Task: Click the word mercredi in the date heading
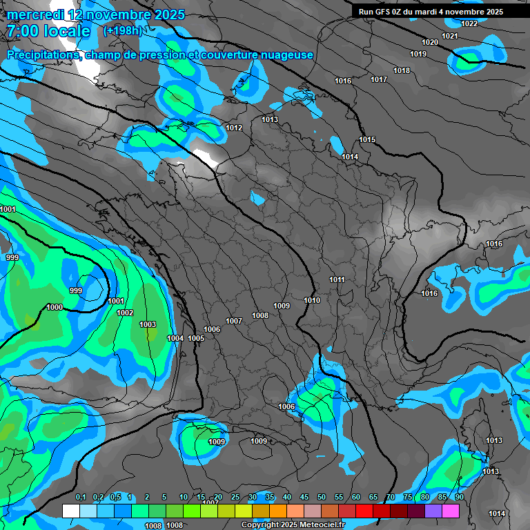coord(37,14)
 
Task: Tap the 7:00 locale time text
coord(48,31)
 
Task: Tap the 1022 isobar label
coord(469,23)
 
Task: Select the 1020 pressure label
coord(429,42)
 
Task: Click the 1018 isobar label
coord(402,70)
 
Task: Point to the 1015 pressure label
coord(367,140)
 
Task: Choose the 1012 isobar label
coord(234,128)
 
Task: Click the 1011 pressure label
coord(337,279)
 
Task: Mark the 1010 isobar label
coord(312,300)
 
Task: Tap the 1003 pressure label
coord(148,324)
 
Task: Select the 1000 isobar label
coord(55,307)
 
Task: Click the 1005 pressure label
coord(196,338)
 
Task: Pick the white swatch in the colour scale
coord(70,511)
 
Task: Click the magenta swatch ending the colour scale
coord(450,511)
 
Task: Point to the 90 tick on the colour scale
coord(459,497)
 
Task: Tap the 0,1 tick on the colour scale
coord(81,497)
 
